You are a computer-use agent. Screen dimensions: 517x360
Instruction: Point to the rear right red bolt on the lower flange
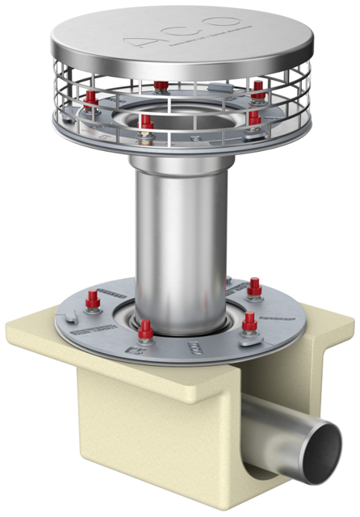click(x=254, y=286)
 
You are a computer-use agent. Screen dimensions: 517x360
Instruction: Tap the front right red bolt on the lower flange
click(x=249, y=322)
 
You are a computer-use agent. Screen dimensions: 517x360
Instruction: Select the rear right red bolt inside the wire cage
click(x=257, y=86)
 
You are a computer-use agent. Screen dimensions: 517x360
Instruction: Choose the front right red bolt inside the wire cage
click(x=253, y=119)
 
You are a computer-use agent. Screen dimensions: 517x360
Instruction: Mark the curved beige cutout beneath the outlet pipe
click(x=266, y=477)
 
